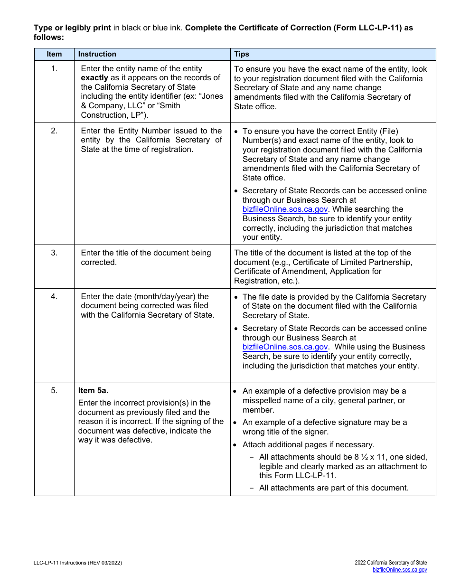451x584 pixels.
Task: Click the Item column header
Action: pyautogui.click(x=54, y=54)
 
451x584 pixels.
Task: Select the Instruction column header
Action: pyautogui.click(x=97, y=54)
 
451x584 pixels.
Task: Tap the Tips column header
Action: pyautogui.click(x=242, y=54)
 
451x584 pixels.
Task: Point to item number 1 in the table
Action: pyautogui.click(x=54, y=69)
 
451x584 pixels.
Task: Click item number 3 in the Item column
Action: pyautogui.click(x=54, y=253)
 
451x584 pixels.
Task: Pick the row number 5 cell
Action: pyautogui.click(x=54, y=391)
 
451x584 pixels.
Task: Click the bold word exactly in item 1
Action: pyautogui.click(x=94, y=78)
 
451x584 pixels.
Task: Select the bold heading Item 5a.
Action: pyautogui.click(x=93, y=391)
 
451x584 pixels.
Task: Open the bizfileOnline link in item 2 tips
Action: pyautogui.click(x=285, y=209)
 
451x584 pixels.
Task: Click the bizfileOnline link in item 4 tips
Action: pyautogui.click(x=285, y=347)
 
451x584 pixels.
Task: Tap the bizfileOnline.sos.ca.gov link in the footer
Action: pyautogui.click(x=399, y=570)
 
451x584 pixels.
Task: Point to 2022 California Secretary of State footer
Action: pyautogui.click(x=391, y=563)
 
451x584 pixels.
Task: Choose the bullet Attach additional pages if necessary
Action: pyautogui.click(x=308, y=445)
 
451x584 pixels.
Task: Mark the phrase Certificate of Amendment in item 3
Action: pyautogui.click(x=277, y=272)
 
